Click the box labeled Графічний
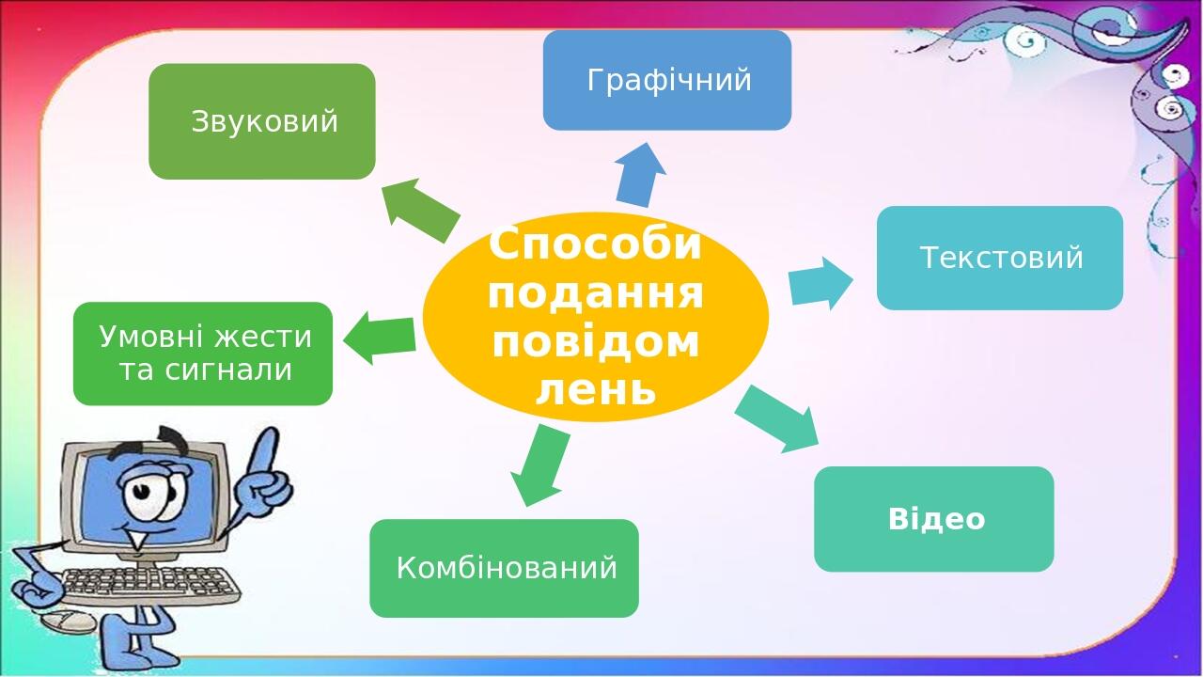coord(667,81)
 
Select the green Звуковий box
coord(262,121)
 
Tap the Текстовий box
coord(1000,258)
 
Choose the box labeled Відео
coord(934,519)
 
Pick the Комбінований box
coord(505,568)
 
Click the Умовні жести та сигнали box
coord(203,354)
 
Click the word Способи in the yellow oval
coord(595,246)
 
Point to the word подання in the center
coord(596,293)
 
